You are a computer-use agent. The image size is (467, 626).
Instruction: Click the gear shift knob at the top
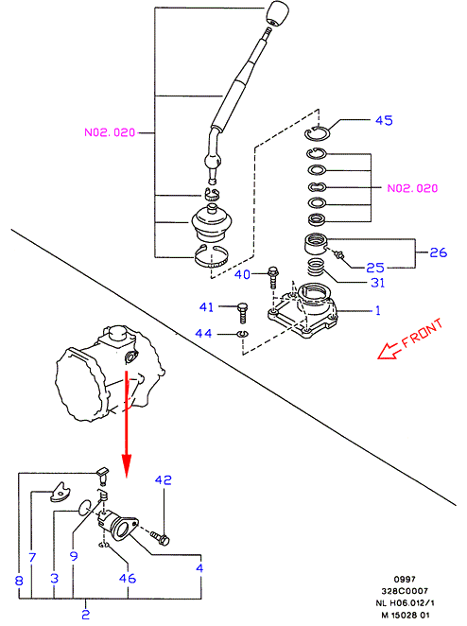(x=277, y=13)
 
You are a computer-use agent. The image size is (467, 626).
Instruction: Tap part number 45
(x=384, y=120)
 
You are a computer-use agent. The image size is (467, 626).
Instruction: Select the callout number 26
(x=438, y=252)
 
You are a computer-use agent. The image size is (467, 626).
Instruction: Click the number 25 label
(x=374, y=268)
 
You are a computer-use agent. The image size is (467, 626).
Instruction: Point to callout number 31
(x=378, y=283)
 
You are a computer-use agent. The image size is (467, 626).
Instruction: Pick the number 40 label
(x=242, y=274)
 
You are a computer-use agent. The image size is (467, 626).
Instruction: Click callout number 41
(x=206, y=307)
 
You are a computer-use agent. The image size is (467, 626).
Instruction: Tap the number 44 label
(x=203, y=333)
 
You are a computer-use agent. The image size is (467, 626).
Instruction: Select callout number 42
(x=164, y=479)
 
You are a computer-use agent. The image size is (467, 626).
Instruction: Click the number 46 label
(x=128, y=578)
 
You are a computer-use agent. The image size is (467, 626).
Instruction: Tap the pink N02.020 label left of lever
(x=110, y=132)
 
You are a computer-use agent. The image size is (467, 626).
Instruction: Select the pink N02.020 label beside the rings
(x=413, y=188)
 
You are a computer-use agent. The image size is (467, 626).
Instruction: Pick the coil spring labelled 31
(x=316, y=267)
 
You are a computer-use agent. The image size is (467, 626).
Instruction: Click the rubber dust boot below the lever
(x=212, y=222)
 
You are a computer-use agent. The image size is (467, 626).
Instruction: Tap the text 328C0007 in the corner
(x=405, y=591)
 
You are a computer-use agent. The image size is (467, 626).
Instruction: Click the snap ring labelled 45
(x=317, y=133)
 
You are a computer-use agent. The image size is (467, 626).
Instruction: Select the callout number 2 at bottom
(x=86, y=614)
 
